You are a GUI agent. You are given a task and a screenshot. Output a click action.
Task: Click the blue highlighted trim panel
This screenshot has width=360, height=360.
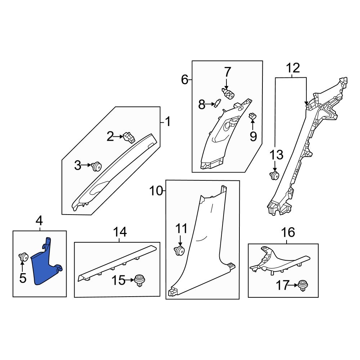pos(45,268)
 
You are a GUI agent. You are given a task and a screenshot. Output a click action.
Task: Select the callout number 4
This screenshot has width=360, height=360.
pos(39,220)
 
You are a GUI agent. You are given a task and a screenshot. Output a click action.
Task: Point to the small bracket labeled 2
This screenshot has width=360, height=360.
pos(129,137)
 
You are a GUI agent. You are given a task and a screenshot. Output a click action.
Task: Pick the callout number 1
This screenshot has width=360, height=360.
pos(167,122)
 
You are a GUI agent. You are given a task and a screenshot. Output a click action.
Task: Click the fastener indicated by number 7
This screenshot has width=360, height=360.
pos(228,94)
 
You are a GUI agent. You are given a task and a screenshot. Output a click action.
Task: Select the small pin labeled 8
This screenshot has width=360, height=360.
pos(217,103)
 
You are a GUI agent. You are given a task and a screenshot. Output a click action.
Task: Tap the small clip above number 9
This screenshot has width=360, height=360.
pos(253,116)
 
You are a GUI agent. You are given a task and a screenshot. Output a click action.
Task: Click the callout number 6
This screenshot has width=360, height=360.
pos(184,79)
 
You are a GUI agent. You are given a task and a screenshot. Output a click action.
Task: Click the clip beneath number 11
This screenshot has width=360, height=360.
pos(179,251)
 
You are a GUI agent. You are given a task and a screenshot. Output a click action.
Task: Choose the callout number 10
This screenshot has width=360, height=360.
pos(156,191)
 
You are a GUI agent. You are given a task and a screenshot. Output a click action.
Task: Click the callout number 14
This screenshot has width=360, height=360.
pos(120,233)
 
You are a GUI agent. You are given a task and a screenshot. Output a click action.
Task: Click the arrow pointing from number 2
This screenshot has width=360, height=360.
pos(119,136)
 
